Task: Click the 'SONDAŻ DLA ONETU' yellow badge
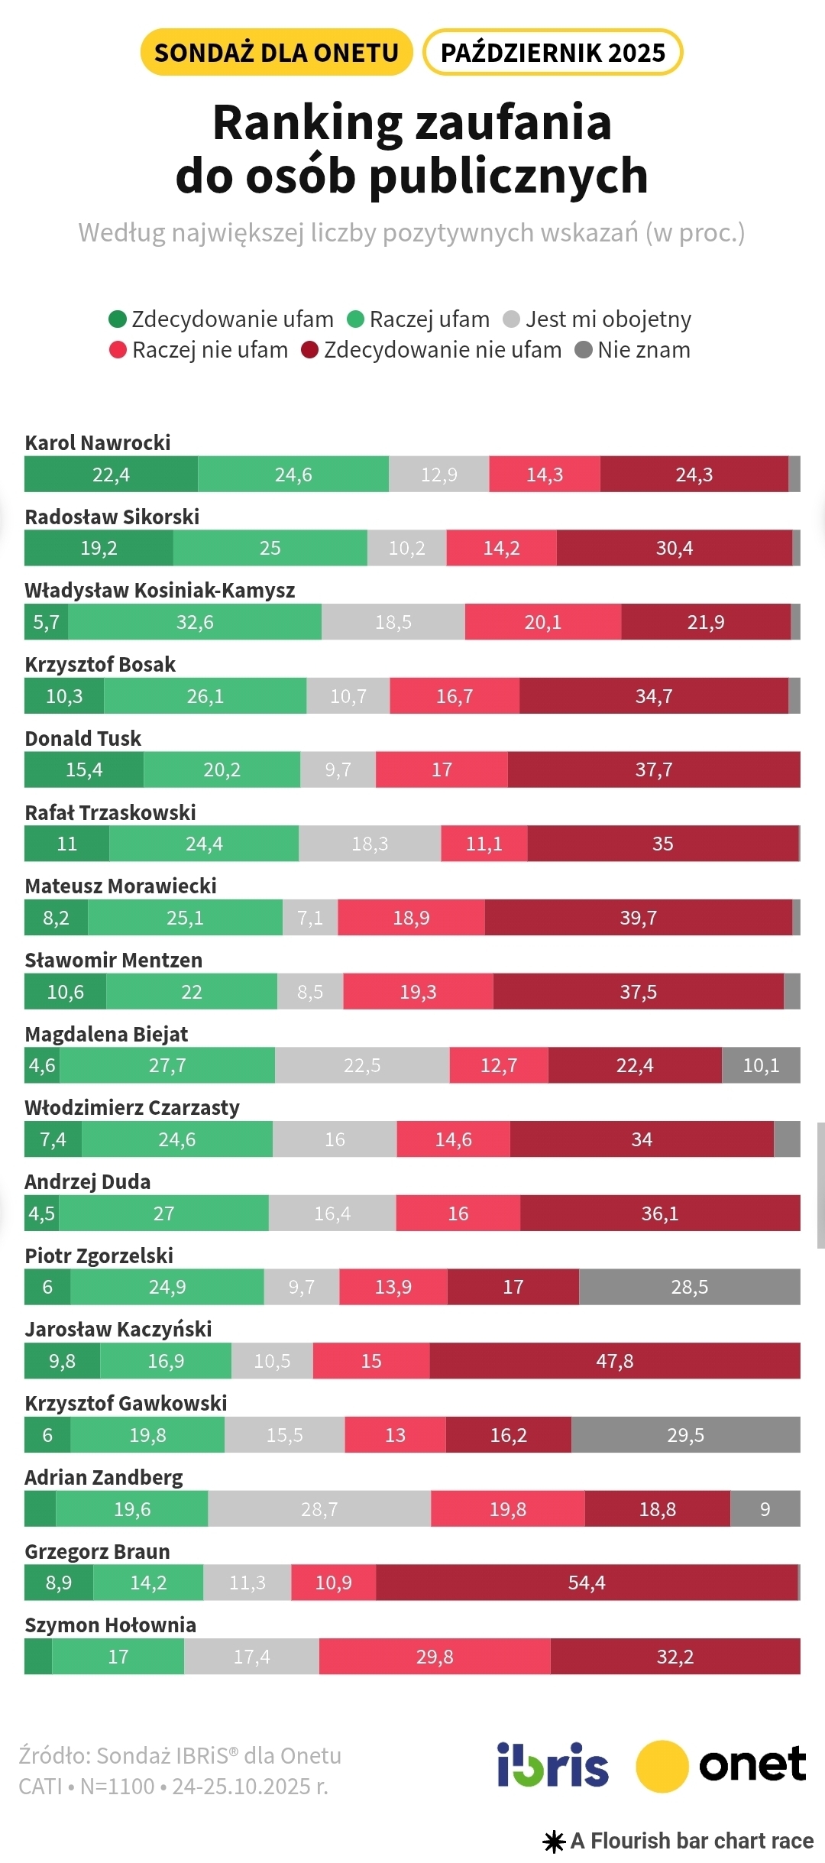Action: click(277, 53)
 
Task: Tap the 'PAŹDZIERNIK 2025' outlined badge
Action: click(552, 53)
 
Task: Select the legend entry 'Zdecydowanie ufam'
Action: click(222, 319)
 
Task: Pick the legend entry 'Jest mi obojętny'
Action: click(597, 319)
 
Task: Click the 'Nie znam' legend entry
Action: click(633, 350)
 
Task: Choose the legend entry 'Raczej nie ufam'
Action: click(199, 350)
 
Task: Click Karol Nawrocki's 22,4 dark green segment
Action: click(112, 475)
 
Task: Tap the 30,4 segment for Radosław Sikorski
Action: click(675, 548)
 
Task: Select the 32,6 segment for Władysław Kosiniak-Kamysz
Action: click(195, 622)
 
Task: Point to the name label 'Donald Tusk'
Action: click(83, 738)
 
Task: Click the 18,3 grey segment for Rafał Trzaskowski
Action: click(370, 844)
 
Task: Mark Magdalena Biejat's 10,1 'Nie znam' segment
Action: click(761, 1065)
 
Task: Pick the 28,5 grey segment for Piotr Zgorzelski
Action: click(690, 1287)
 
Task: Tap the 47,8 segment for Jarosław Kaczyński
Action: click(615, 1361)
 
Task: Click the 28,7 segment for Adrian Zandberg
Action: click(319, 1509)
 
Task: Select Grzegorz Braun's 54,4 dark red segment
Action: click(587, 1583)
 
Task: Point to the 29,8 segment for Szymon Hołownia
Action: click(435, 1657)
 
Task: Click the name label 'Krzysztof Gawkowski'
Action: click(126, 1403)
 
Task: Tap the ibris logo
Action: click(553, 1765)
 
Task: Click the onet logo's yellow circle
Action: click(662, 1766)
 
